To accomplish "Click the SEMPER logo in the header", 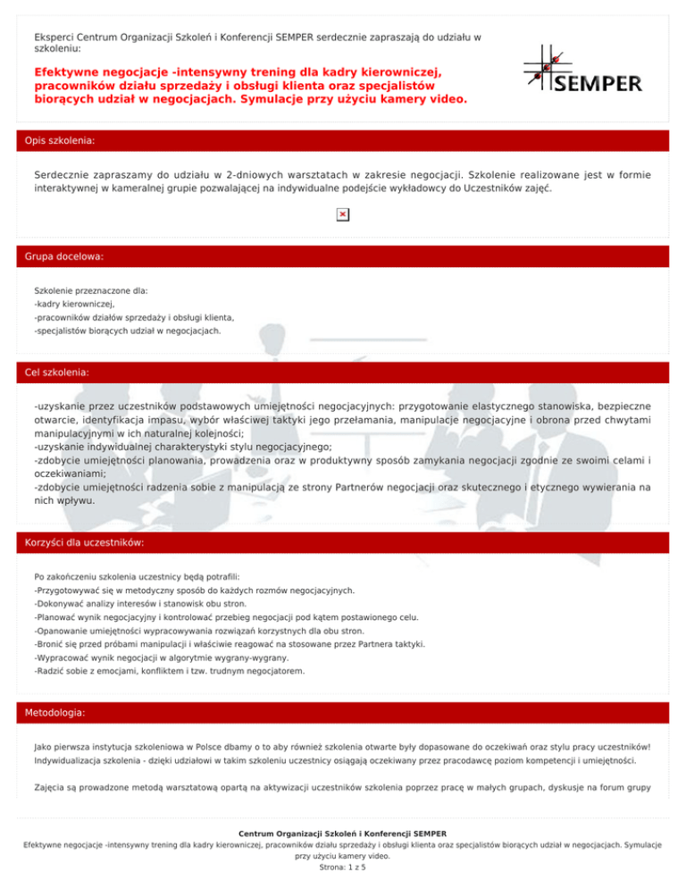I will [x=582, y=71].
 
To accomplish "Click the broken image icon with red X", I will [x=342, y=214].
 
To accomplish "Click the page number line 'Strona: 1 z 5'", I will [x=342, y=866].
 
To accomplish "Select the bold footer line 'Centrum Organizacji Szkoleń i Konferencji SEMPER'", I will [x=342, y=834].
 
